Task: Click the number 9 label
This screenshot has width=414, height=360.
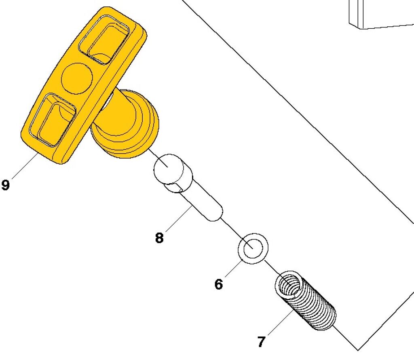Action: pos(5,185)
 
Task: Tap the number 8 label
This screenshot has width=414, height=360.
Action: pos(159,238)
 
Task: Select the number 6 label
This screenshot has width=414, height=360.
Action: pos(218,284)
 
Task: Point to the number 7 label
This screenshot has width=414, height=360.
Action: pos(261,342)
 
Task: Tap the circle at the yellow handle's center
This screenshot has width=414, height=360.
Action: pos(77,78)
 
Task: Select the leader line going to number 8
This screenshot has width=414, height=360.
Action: pos(178,219)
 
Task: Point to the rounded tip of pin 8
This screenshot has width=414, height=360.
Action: pos(217,215)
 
